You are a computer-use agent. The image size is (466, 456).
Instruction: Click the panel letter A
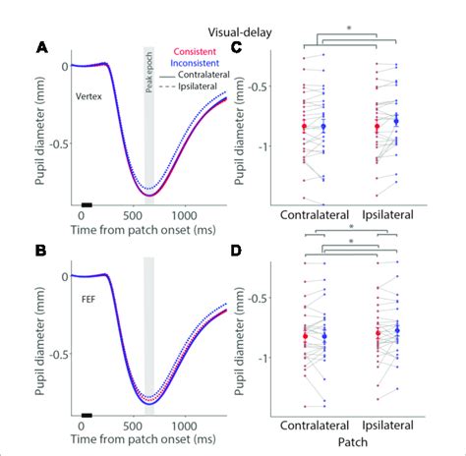[42, 47]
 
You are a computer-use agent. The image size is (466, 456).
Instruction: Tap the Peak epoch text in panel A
[148, 72]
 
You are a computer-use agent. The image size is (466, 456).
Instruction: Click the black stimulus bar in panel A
[86, 208]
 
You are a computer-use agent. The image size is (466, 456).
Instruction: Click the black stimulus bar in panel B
[86, 415]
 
